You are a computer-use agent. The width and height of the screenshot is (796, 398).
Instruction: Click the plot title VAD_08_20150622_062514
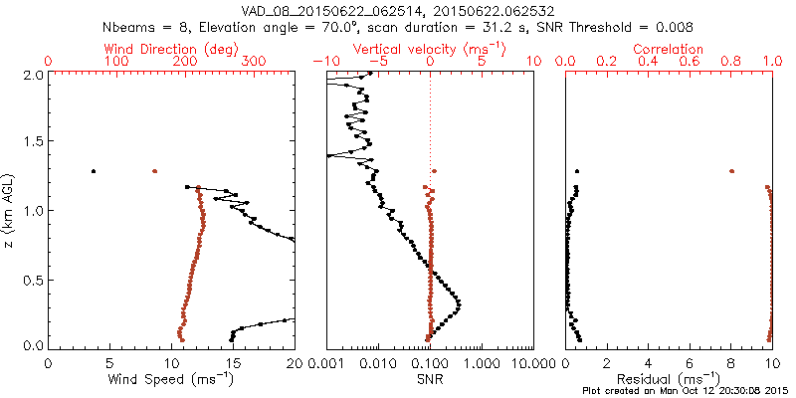[x=327, y=10]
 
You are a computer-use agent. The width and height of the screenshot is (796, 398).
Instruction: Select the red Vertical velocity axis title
[x=430, y=49]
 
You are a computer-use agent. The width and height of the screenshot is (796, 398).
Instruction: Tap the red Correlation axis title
[x=669, y=49]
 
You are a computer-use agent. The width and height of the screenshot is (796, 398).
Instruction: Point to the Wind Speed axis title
[x=171, y=379]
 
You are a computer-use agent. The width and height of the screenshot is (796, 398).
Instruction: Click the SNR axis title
[x=430, y=379]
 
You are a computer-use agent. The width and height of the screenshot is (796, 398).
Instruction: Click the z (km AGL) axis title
[x=10, y=209]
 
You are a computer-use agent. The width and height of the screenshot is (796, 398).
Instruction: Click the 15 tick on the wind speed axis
[x=233, y=363]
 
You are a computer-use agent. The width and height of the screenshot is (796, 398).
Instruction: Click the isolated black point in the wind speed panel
[x=94, y=171]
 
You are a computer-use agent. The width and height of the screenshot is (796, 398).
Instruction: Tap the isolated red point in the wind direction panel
[x=154, y=171]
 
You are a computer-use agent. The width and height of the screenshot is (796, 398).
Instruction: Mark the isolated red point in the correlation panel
[x=731, y=171]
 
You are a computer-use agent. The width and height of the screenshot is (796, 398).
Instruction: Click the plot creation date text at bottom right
[x=687, y=390]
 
